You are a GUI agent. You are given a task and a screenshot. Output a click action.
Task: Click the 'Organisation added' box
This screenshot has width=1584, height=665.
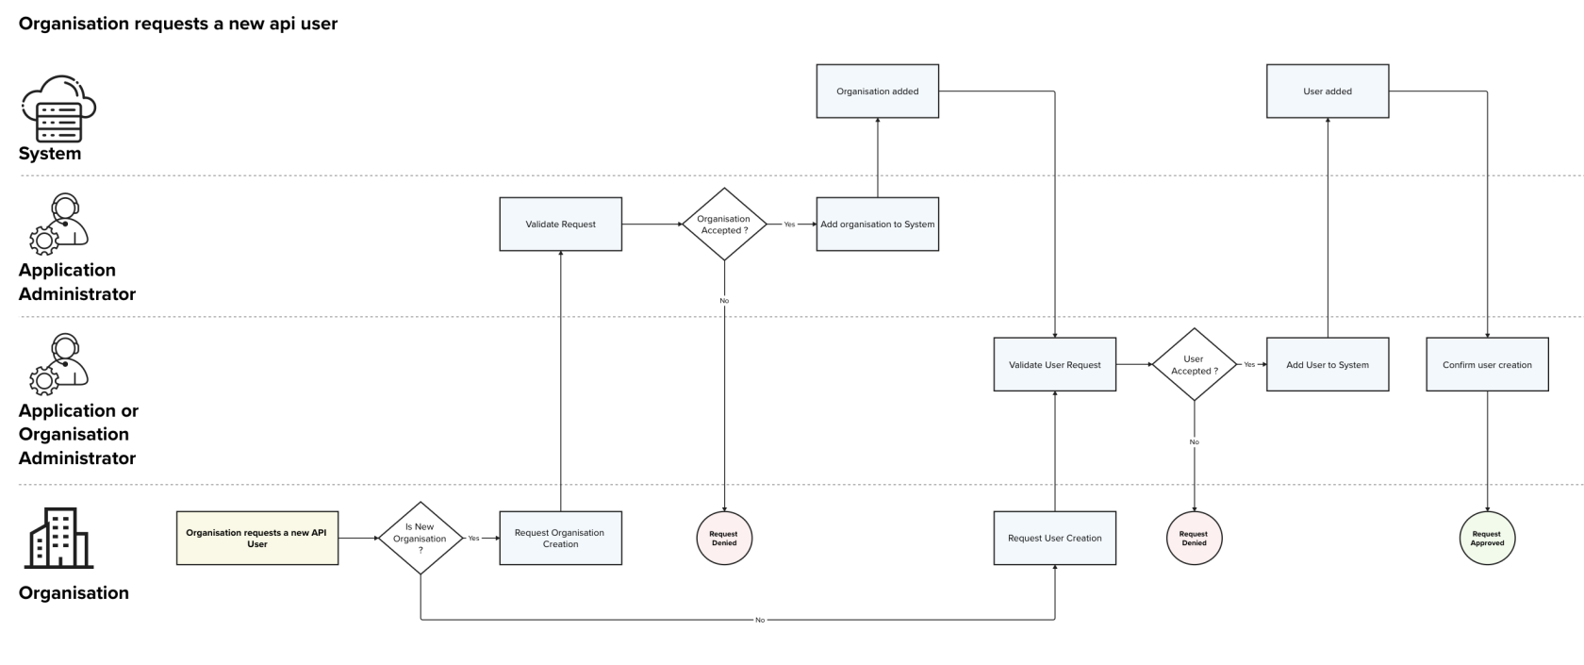[x=877, y=91]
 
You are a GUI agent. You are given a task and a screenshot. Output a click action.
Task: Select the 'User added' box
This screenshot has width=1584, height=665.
[x=1327, y=91]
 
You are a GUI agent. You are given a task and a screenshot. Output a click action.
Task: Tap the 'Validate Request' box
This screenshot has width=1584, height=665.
[x=560, y=224]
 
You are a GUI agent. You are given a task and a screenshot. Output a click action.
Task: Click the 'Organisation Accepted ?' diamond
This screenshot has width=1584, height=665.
[x=724, y=224]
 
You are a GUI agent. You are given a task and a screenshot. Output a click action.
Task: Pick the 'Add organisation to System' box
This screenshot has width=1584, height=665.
[x=877, y=224]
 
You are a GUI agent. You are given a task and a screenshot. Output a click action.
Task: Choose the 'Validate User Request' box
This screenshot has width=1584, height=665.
[x=1054, y=365]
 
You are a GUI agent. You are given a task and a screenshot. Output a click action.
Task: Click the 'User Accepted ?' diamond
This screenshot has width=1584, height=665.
[x=1194, y=365]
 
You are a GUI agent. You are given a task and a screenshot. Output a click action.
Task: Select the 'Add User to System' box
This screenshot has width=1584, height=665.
[x=1327, y=365]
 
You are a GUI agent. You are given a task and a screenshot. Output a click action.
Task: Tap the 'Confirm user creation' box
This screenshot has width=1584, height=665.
[x=1487, y=365]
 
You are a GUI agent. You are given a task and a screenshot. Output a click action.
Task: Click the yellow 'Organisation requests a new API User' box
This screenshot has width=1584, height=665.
[x=256, y=539]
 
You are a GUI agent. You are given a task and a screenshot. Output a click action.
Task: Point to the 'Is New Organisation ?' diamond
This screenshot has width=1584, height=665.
[x=421, y=539]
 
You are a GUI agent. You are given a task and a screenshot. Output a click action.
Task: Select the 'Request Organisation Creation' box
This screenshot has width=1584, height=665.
[x=560, y=539]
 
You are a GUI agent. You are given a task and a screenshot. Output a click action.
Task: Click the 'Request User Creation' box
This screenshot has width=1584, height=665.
[x=1054, y=539]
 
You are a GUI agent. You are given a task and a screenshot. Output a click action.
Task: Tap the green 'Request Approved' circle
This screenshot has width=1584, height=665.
[x=1487, y=539]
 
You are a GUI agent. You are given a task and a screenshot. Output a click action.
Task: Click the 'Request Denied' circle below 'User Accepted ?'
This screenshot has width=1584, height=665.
[x=1194, y=539]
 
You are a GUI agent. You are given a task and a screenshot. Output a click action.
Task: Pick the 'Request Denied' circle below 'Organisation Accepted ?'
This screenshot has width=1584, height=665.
[x=724, y=539]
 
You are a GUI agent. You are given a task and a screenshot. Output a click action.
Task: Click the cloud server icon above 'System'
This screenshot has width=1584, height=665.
[x=58, y=108]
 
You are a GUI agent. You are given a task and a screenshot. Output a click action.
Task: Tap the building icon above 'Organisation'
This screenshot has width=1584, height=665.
[x=58, y=539]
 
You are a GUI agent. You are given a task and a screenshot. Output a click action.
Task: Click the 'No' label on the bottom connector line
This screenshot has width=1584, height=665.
[x=760, y=620]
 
